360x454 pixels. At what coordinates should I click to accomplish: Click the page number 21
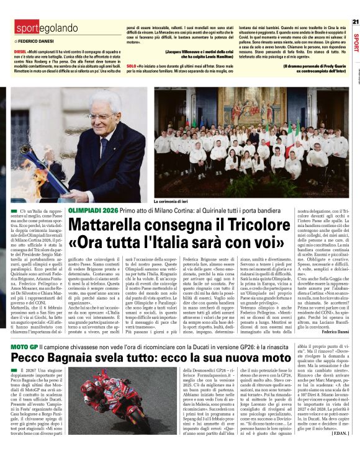coord(355,21)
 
